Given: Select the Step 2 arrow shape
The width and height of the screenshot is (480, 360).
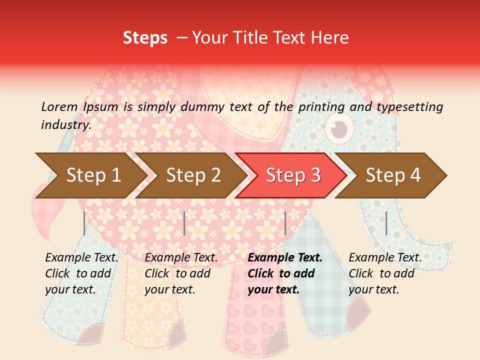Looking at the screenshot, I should (193, 175).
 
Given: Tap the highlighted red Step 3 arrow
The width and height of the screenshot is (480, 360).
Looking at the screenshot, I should (293, 175).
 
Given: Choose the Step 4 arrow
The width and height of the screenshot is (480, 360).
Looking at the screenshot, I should (393, 175).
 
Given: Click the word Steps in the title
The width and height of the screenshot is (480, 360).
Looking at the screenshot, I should (145, 38).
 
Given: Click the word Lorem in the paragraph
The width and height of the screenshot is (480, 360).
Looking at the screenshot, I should (59, 107).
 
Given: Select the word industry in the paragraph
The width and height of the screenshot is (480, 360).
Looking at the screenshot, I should (65, 125).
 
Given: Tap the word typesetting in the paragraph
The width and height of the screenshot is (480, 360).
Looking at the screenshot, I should (409, 107).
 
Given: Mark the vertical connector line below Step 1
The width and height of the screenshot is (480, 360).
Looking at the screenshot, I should (84, 223).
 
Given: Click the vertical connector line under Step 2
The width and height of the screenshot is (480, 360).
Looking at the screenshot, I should (184, 223).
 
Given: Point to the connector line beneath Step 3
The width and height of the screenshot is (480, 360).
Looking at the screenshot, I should (285, 223).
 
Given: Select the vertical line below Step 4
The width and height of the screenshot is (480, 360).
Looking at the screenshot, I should (386, 223).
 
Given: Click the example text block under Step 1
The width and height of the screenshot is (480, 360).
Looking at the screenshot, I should (81, 273).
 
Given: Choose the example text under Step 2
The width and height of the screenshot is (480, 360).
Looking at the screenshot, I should (181, 273).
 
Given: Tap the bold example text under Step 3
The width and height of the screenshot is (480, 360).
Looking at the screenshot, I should (285, 273).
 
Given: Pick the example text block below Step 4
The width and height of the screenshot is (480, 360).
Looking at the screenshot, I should (385, 273).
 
